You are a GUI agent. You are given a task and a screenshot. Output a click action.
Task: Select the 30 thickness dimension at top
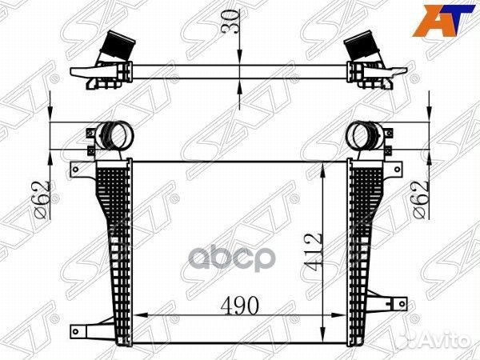click(232, 22)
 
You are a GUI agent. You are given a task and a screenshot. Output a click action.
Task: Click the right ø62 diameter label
click(420, 200)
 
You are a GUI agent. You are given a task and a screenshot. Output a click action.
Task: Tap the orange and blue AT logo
click(444, 21)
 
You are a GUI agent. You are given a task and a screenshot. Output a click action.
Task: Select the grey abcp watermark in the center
click(230, 258)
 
